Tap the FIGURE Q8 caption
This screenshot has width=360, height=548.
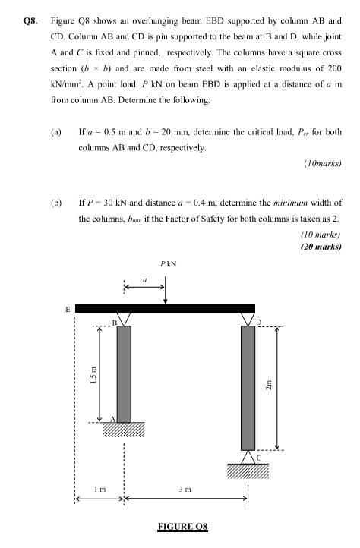[180, 525]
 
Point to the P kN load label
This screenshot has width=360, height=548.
[169, 264]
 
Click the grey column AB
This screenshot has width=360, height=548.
[124, 373]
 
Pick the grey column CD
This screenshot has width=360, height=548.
[248, 386]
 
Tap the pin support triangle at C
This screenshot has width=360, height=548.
[248, 456]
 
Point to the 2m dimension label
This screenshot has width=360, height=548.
[288, 386]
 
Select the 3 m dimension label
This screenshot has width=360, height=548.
[185, 491]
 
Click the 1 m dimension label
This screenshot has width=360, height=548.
[99, 491]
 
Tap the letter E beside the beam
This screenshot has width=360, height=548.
[68, 310]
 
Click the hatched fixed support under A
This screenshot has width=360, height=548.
[124, 430]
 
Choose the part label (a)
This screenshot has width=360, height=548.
[55, 132]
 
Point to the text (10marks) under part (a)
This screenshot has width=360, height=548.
[322, 163]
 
